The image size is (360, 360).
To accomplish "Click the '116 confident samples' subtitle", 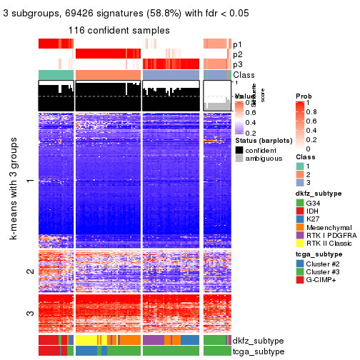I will (119, 31).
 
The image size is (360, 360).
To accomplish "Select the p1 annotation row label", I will (237, 44).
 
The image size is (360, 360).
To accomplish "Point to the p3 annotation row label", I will (237, 64).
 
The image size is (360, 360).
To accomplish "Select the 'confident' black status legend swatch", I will (239, 151).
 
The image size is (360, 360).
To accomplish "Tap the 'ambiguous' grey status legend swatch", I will (239, 161).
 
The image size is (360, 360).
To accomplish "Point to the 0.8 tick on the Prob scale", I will (311, 112).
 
